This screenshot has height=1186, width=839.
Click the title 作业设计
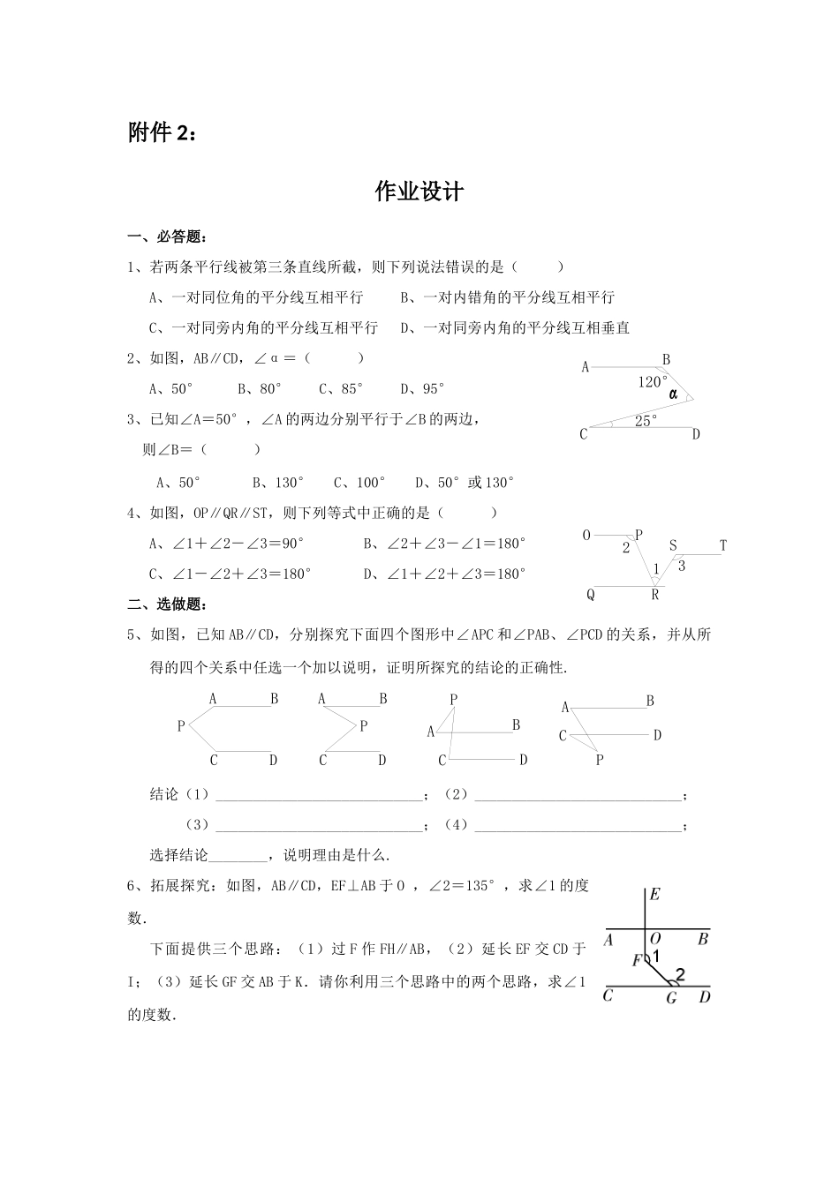(x=419, y=191)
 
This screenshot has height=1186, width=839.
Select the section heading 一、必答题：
(x=168, y=236)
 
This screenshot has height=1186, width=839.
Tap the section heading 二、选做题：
(x=168, y=604)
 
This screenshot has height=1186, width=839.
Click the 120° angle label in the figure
(x=653, y=382)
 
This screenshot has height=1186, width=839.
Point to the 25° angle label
(x=646, y=422)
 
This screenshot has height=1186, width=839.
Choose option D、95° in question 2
(x=422, y=388)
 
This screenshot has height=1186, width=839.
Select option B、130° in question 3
(x=277, y=483)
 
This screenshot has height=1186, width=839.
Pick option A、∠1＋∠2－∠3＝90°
(x=227, y=544)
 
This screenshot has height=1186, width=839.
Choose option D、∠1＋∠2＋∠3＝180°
(x=444, y=574)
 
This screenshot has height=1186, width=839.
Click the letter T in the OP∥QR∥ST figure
(x=722, y=545)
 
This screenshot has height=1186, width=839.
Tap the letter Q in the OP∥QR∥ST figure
(x=591, y=595)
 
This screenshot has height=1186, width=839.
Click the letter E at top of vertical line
(x=654, y=895)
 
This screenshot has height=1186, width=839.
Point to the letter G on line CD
(x=671, y=998)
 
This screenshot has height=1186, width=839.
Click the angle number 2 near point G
(x=679, y=975)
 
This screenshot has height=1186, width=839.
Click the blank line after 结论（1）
(x=319, y=796)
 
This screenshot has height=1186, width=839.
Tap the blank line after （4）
(x=578, y=826)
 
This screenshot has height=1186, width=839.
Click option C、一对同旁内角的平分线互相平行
(x=263, y=327)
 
